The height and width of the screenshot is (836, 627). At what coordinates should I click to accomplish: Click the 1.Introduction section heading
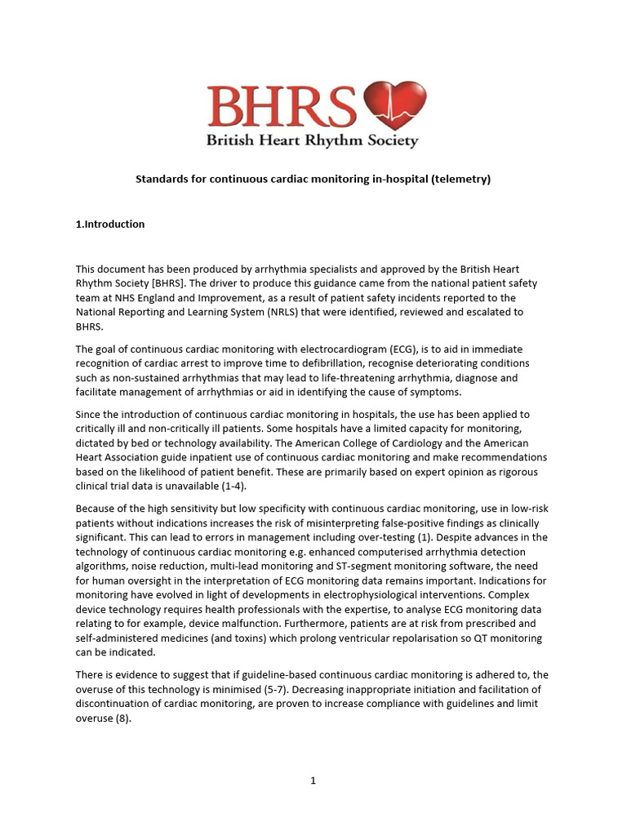click(110, 224)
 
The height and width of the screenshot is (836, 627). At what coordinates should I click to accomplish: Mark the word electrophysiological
click(380, 595)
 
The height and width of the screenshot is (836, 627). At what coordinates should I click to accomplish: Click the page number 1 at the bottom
click(313, 780)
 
